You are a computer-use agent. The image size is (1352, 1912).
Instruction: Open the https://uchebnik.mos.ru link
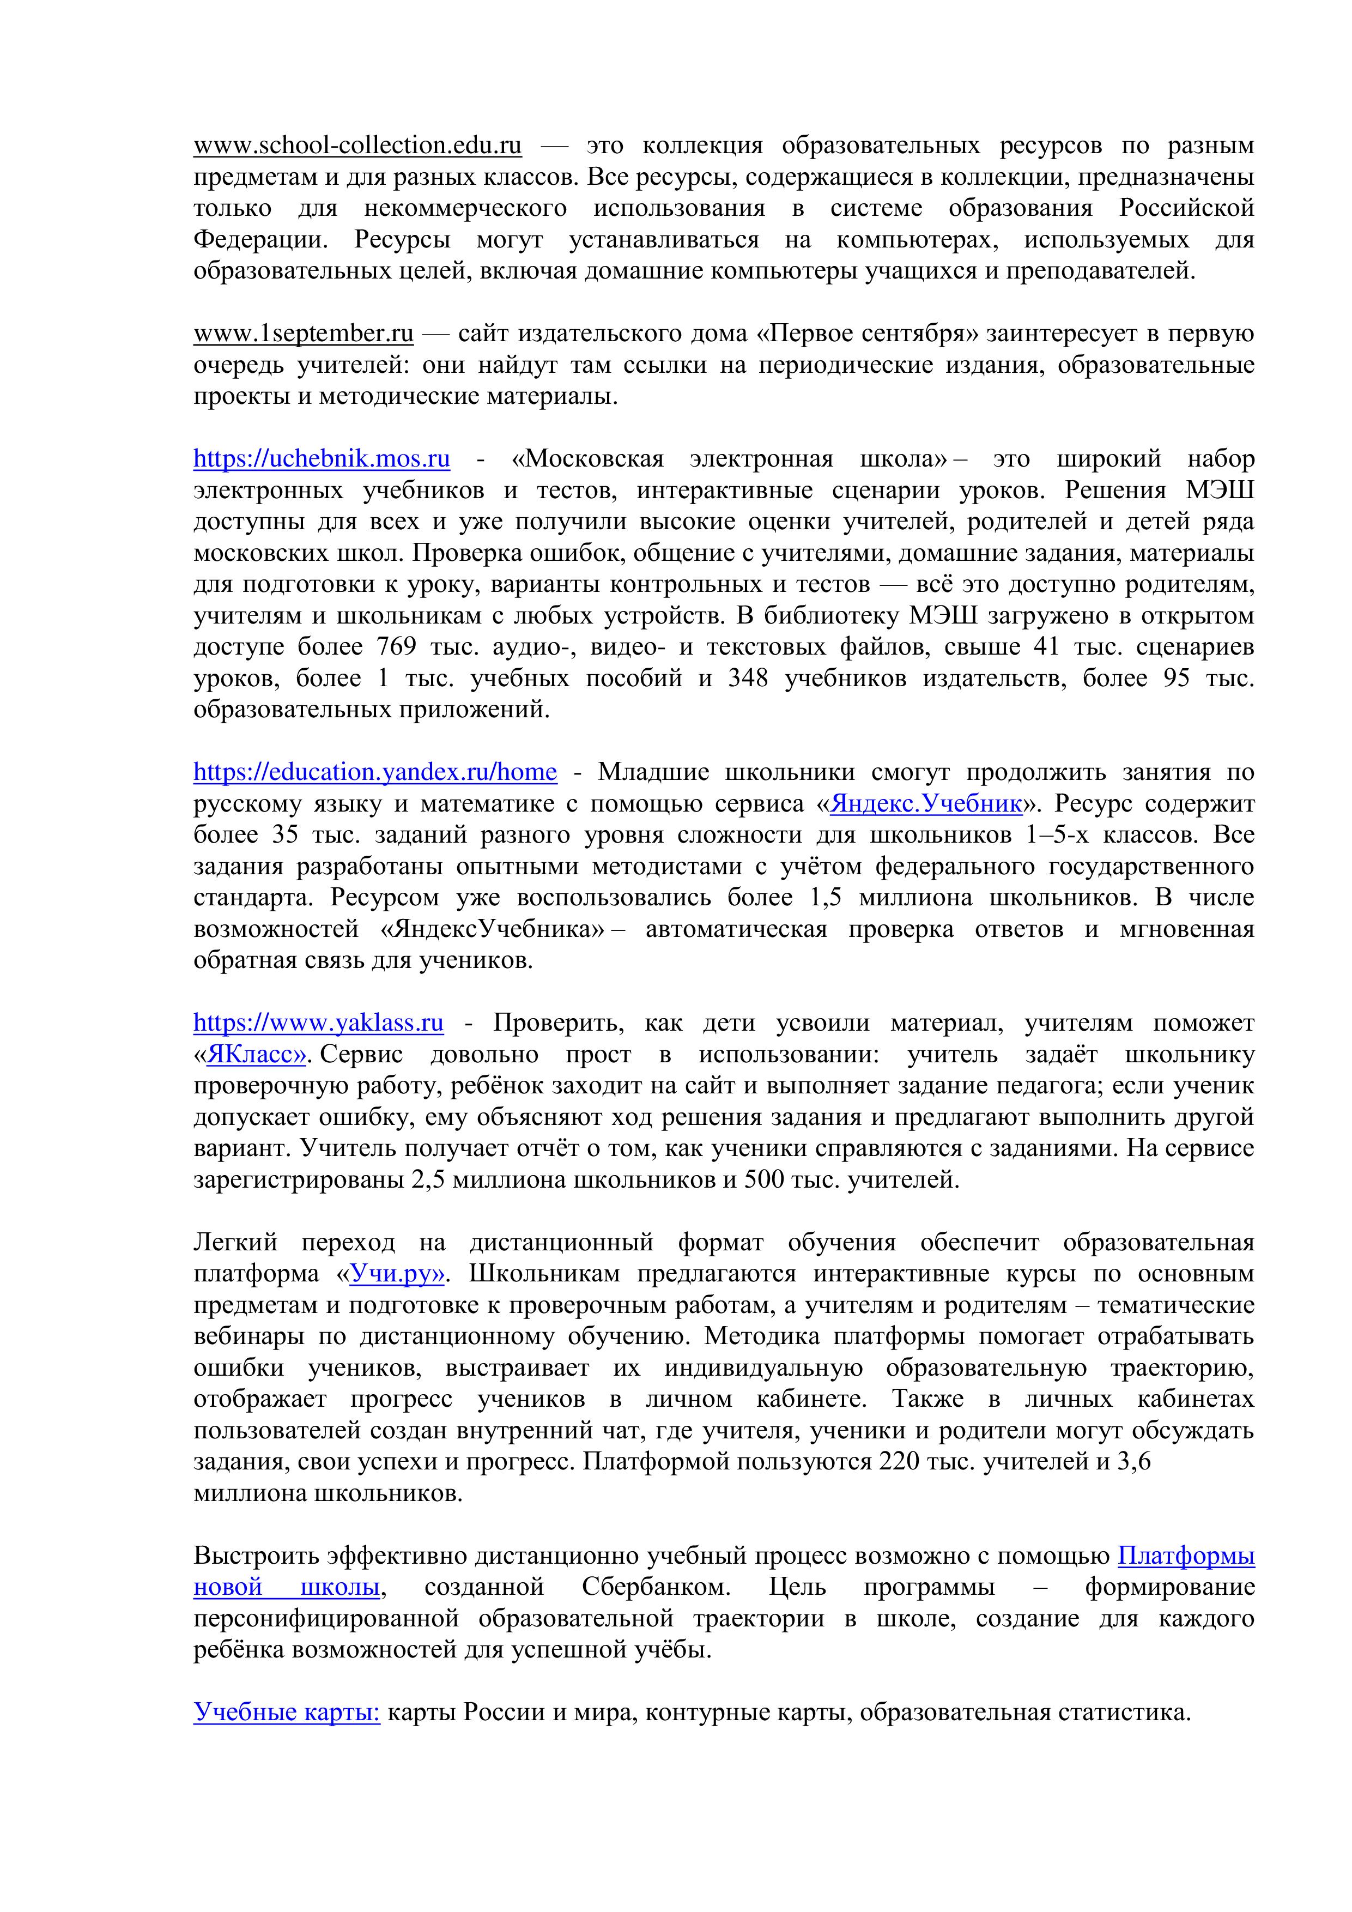click(322, 459)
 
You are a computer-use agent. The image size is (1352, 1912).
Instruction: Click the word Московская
click(595, 459)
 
